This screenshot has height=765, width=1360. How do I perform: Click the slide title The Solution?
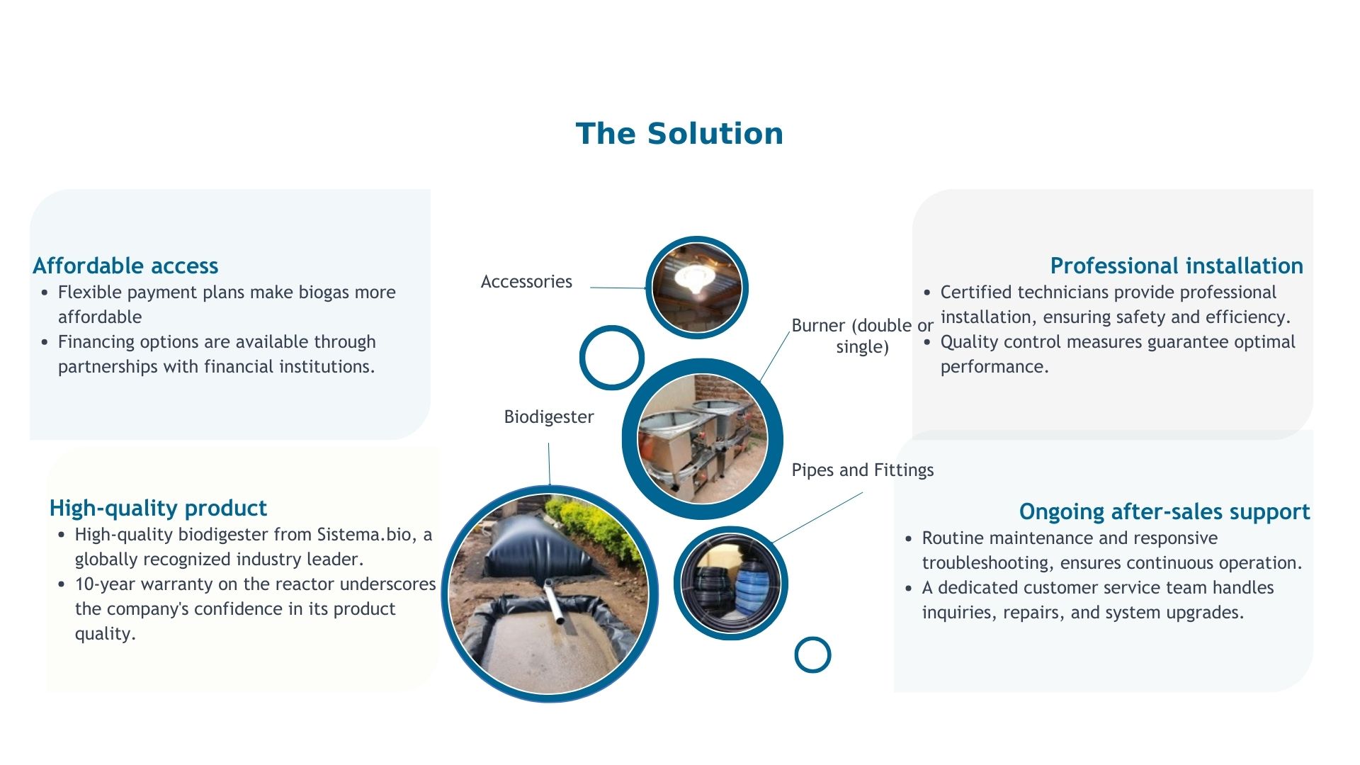coord(679,134)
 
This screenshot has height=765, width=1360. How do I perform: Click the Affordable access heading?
coord(125,266)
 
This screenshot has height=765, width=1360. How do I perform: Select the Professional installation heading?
coord(1177,266)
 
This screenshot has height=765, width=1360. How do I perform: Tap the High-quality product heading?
coord(158,509)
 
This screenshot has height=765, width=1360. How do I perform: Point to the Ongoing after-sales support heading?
coord(1164,512)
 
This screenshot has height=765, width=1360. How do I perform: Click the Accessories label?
coord(526,282)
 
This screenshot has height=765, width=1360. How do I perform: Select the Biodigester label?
coord(549,417)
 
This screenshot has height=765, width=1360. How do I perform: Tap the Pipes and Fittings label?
coord(863,470)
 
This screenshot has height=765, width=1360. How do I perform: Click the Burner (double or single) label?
coord(863,336)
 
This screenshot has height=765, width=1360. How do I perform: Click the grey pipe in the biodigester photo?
coord(555,601)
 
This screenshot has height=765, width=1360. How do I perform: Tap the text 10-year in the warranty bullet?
coord(104,584)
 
